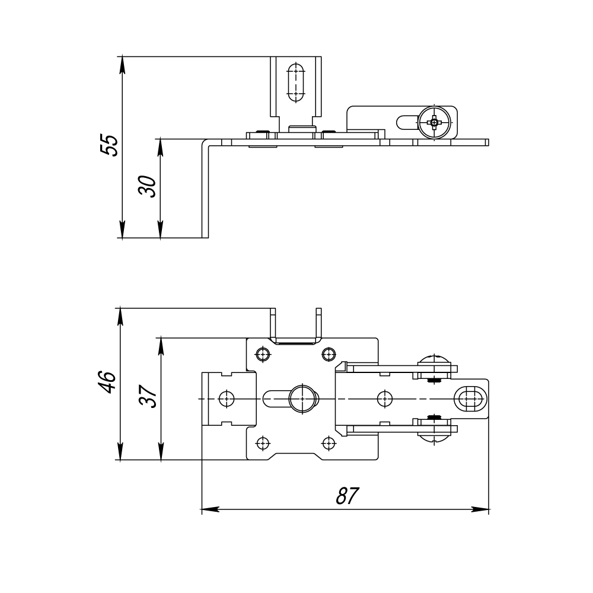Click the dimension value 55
pos(109,145)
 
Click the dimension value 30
pos(148,186)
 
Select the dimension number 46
pos(107,382)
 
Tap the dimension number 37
pos(148,396)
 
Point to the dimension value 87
pos(347,496)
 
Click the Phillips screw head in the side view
pos(435,123)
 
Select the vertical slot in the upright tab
pos(296,83)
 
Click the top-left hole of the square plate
pos(263,355)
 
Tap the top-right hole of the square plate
pos(329,355)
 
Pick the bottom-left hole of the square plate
pos(263,442)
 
